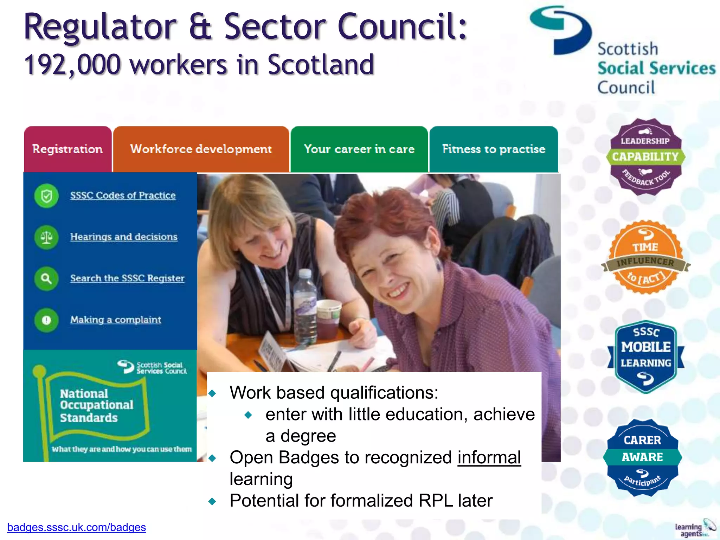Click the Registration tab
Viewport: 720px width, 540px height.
67,149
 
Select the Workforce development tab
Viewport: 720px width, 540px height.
201,149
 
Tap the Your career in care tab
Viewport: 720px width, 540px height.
359,149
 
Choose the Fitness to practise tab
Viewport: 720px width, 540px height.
494,149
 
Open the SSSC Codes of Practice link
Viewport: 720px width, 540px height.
123,195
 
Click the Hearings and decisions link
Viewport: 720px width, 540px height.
124,237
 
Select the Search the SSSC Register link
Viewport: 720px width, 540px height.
127,278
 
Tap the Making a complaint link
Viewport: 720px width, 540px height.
116,320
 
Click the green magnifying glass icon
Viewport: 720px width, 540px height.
46,279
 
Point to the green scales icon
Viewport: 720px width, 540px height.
46,237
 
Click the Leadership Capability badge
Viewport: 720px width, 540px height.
645,157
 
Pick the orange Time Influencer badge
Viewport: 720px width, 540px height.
645,257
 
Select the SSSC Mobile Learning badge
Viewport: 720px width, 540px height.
645,356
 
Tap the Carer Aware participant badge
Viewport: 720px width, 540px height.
642,457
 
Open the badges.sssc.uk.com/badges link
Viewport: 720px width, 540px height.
77,527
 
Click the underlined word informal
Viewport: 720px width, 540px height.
489,458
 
